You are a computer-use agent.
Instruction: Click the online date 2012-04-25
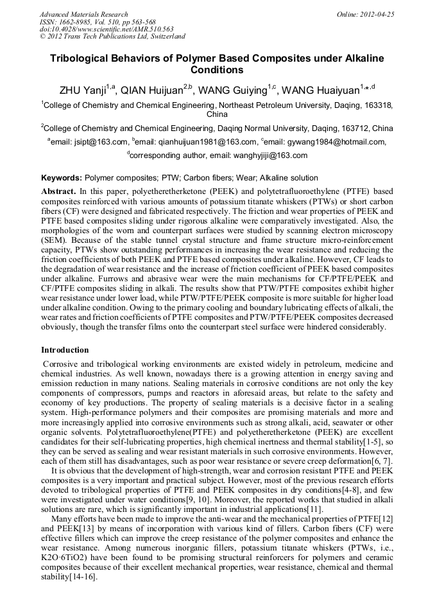pyautogui.click(x=377, y=14)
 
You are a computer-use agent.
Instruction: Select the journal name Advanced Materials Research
pyautogui.click(x=83, y=14)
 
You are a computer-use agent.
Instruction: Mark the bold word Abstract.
pyautogui.click(x=58, y=191)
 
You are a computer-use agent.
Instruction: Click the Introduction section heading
pyautogui.click(x=65, y=350)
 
